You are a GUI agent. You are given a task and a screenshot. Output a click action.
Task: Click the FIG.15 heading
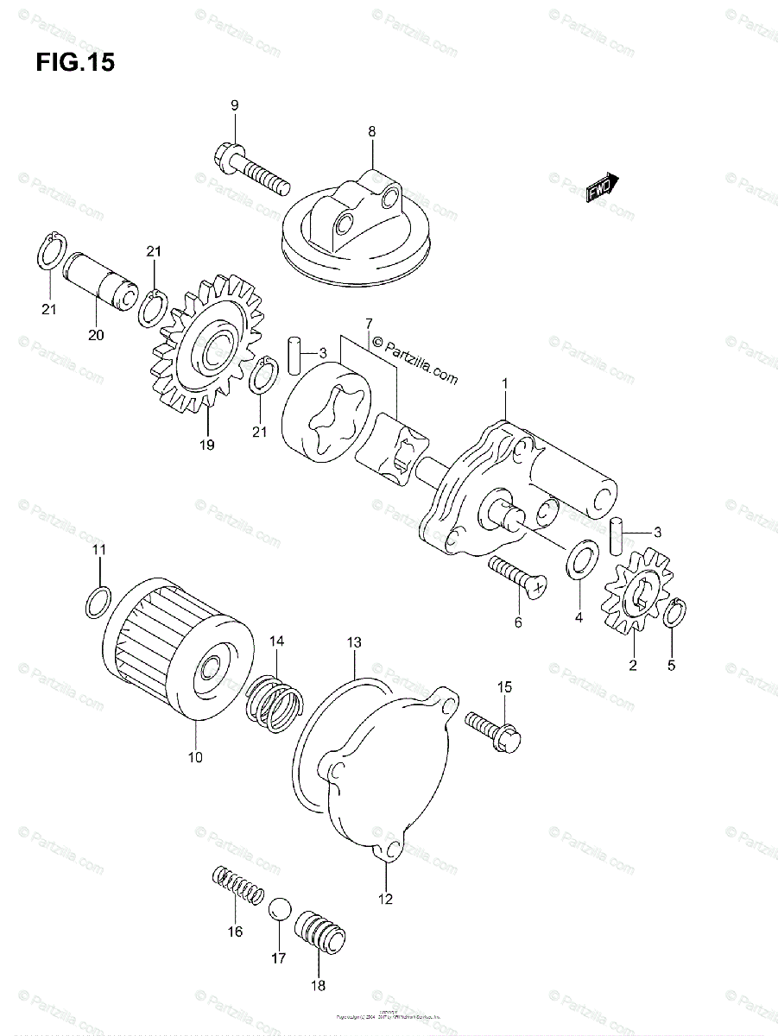[x=76, y=63]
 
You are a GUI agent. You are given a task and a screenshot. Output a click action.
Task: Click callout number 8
[x=372, y=132]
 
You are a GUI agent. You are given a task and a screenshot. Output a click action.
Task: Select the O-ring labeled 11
[x=98, y=601]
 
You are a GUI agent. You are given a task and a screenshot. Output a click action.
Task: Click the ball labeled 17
[x=279, y=910]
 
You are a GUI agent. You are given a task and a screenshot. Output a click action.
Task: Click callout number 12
[x=385, y=899]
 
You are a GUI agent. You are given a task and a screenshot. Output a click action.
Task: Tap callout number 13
[x=355, y=642]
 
